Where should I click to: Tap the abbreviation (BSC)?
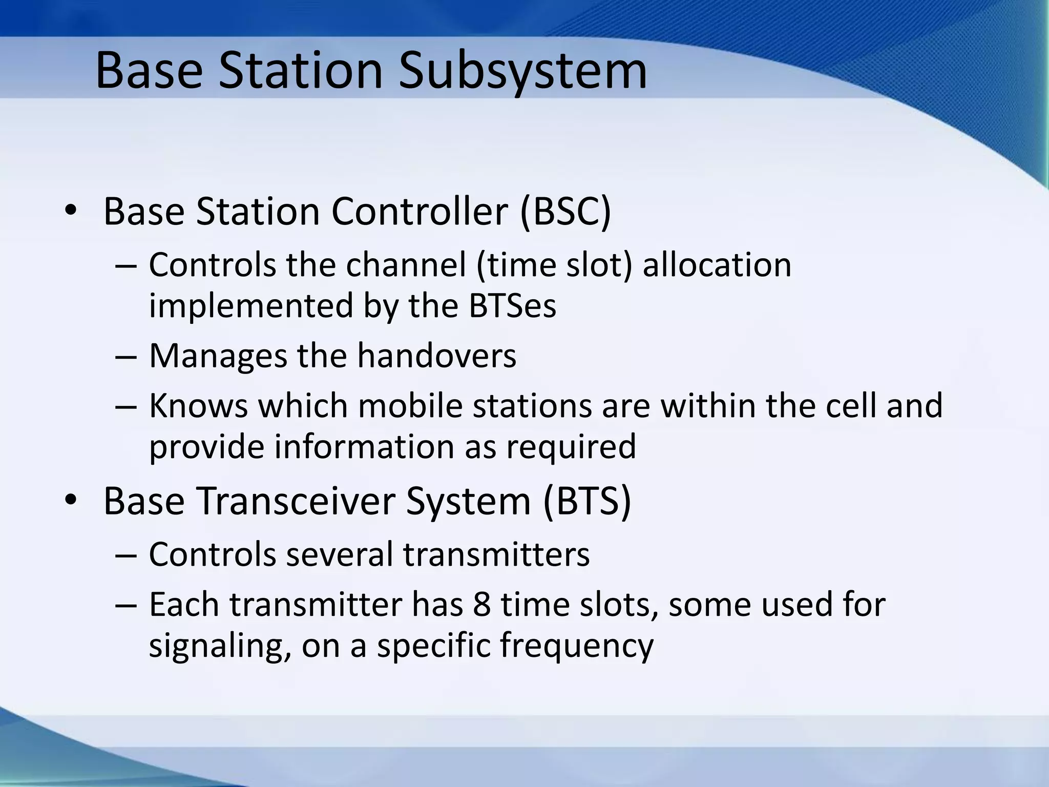pos(565,211)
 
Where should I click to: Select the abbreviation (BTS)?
pos(587,501)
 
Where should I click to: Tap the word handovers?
pos(437,356)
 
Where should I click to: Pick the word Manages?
pos(218,356)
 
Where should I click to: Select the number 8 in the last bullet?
pos(481,605)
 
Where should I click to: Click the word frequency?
pos(577,646)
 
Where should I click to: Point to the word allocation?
pos(717,265)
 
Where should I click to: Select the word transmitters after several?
pos(496,554)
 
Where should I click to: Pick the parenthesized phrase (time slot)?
pos(554,265)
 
